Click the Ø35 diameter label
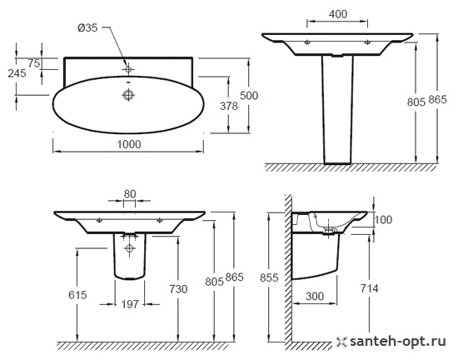pos(87,28)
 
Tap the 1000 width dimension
pos(129,144)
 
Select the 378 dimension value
pos(229,106)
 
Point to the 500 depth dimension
pos(249,96)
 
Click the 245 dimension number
pos(17,73)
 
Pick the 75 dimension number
pos(34,63)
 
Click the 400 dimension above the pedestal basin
pos(338,14)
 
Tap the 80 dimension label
pos(130,194)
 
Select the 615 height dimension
pos(77,295)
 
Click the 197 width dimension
pos(130,304)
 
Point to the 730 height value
pos(178,289)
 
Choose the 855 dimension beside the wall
pos(269,277)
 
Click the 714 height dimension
pos(369,288)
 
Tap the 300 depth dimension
pos(315,297)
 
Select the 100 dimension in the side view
pos(383,220)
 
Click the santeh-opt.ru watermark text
pos(398,341)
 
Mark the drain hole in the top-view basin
pos(128,95)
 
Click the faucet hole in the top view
pos(128,69)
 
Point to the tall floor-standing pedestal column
pos(337,109)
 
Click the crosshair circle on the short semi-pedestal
pos(130,248)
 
